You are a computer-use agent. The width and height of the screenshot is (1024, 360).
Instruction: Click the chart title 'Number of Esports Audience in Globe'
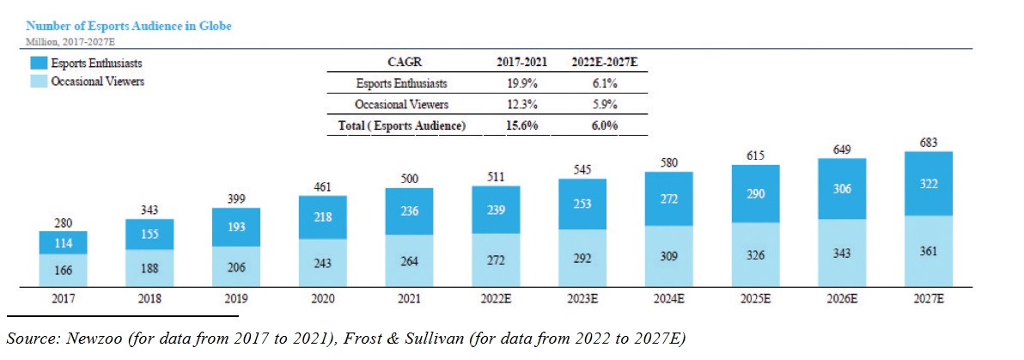(128, 27)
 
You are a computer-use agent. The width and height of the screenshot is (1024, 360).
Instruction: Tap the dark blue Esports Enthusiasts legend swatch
(37, 64)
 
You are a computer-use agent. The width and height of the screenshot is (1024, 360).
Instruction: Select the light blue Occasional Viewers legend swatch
(37, 82)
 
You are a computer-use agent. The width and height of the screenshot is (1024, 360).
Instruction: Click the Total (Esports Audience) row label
(400, 125)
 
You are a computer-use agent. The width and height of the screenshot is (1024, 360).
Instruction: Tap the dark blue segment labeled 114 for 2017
(63, 242)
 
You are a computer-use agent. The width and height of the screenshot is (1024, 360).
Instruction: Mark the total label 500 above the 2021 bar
(409, 178)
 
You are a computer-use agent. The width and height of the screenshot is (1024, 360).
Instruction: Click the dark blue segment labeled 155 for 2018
(149, 234)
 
